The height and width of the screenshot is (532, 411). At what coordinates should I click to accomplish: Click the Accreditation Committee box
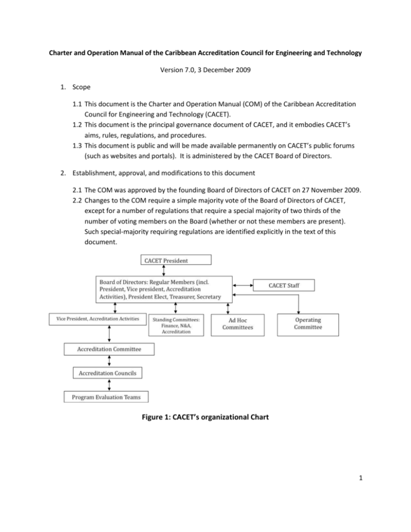(109, 349)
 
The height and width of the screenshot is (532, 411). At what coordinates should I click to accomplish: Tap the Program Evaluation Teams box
(109, 397)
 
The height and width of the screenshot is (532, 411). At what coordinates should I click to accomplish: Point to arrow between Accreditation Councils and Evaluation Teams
(110, 385)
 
